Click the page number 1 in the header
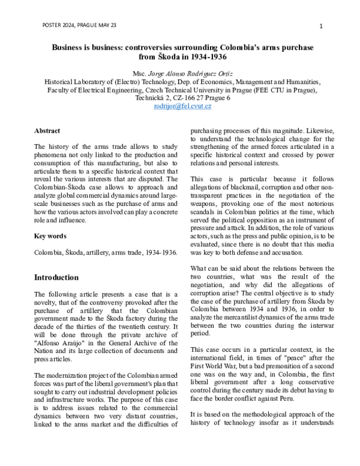[321, 26]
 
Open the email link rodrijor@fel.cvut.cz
[182, 106]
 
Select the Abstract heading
[47, 130]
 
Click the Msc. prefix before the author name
[147, 73]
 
